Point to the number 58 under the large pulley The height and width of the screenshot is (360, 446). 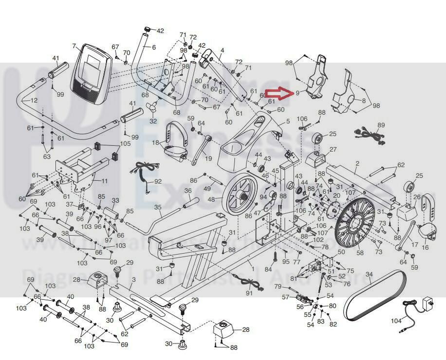click(x=360, y=252)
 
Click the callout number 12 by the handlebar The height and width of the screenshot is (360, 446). click(x=33, y=100)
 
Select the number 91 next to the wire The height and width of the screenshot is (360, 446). click(x=249, y=293)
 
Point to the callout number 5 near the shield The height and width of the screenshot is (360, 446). click(x=288, y=121)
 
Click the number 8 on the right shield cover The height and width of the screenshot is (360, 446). click(x=363, y=101)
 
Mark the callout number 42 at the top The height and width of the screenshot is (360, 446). click(x=160, y=31)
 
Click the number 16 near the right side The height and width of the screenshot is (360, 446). click(x=425, y=248)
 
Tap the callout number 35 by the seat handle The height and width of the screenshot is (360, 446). click(x=157, y=207)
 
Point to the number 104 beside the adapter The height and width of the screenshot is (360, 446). click(x=396, y=321)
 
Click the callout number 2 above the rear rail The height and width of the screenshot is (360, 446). click(x=357, y=163)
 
